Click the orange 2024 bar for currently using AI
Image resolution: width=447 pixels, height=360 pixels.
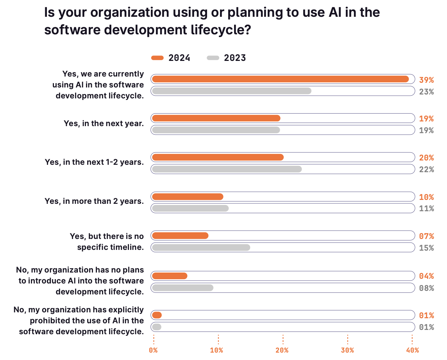pyautogui.click(x=280, y=79)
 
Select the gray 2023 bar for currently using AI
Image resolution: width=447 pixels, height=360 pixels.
pyautogui.click(x=231, y=91)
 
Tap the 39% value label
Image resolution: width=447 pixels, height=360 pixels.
pyautogui.click(x=426, y=80)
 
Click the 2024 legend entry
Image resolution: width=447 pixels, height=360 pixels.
pyautogui.click(x=171, y=58)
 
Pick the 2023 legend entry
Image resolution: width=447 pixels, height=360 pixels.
pyautogui.click(x=227, y=58)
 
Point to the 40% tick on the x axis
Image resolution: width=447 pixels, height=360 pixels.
pyautogui.click(x=412, y=350)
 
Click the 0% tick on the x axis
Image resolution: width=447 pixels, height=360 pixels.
pyautogui.click(x=153, y=350)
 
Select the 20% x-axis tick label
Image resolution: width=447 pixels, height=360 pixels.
pyautogui.click(x=282, y=350)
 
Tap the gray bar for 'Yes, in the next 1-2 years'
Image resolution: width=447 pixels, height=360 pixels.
pyautogui.click(x=227, y=169)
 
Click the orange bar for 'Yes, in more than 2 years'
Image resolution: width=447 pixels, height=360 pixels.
pyautogui.click(x=188, y=196)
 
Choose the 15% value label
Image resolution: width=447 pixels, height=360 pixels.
pyautogui.click(x=426, y=248)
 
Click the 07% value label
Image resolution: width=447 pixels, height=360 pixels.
pyautogui.click(x=426, y=236)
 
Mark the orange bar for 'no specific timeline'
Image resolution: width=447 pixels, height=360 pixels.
pyautogui.click(x=180, y=235)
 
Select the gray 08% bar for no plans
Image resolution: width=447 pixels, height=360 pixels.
pyautogui.click(x=182, y=288)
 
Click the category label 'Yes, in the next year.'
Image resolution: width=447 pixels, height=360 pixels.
pyautogui.click(x=104, y=123)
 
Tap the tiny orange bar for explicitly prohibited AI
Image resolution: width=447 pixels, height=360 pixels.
pyautogui.click(x=157, y=315)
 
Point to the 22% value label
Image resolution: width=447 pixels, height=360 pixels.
pyautogui.click(x=426, y=169)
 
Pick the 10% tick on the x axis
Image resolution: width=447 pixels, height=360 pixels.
pyautogui.click(x=217, y=350)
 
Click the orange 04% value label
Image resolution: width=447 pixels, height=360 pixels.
pyautogui.click(x=426, y=276)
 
